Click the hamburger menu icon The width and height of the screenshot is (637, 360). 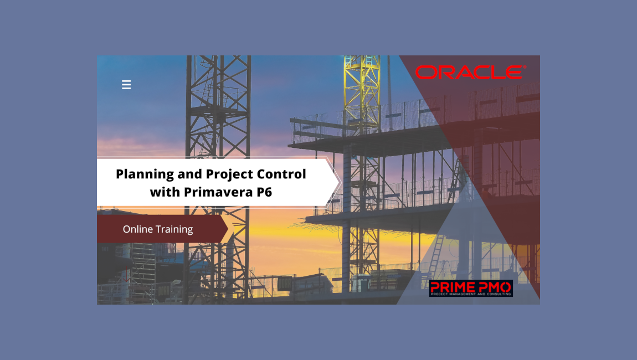[x=126, y=85]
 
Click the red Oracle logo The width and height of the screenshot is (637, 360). [x=469, y=73]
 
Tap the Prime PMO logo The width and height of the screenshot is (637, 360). [x=471, y=288]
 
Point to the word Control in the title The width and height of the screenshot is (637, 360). [x=281, y=174]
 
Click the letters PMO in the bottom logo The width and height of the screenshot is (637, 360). [x=494, y=286]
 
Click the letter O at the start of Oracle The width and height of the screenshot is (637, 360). [x=426, y=73]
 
